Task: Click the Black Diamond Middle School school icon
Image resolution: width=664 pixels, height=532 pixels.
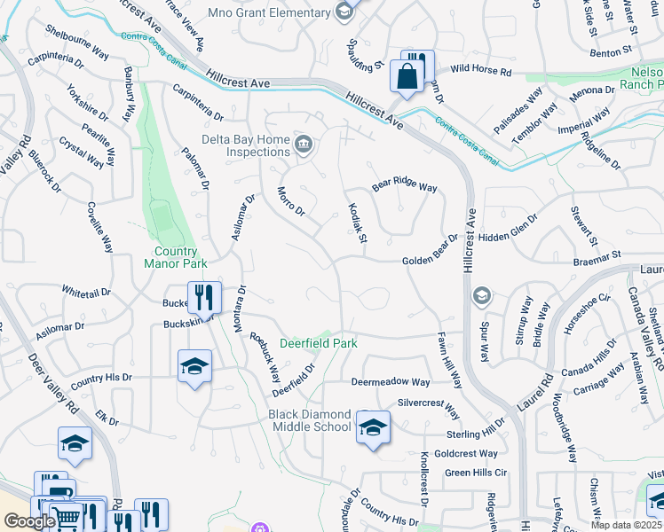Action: point(373,428)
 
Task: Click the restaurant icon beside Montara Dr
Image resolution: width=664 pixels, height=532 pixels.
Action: point(203,299)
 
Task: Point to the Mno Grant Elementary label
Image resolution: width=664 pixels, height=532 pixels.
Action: point(268,12)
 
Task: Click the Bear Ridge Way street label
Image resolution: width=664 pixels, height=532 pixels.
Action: point(405,187)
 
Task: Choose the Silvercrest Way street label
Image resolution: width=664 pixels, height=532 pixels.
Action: point(429,408)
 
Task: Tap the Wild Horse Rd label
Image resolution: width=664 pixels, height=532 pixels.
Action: point(481,70)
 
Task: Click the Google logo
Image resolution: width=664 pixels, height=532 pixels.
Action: point(28,521)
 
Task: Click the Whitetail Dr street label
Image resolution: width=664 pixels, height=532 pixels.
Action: point(86,291)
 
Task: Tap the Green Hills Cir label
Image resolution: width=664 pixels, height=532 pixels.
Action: point(475,473)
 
